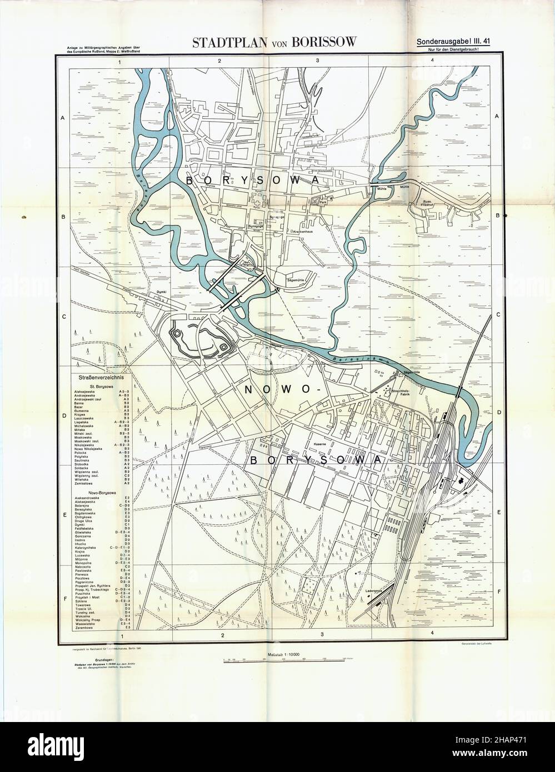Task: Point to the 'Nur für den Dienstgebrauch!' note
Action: point(459,49)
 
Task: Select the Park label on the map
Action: point(322,204)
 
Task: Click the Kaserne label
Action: point(302,445)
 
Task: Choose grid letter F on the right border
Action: point(498,591)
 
